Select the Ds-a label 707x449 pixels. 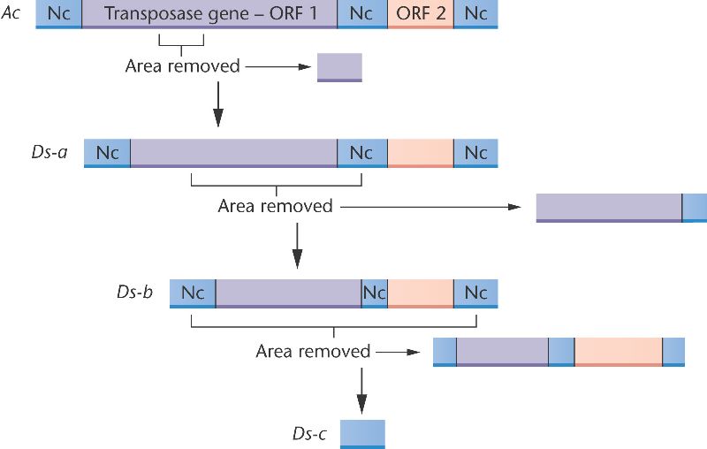[49, 152]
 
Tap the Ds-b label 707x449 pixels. [133, 292]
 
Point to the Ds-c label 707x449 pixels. [310, 433]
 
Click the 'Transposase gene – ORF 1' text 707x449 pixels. [209, 13]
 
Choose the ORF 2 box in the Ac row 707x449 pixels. [421, 13]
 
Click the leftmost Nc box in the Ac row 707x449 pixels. [58, 13]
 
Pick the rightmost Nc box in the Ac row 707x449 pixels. [475, 13]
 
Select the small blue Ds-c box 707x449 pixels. [362, 433]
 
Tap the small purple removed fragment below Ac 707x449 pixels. [339, 66]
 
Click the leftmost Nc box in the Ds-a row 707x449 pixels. [107, 152]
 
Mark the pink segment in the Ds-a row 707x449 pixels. [421, 152]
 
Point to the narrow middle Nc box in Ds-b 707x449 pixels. [375, 293]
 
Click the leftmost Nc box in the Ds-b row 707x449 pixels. [193, 293]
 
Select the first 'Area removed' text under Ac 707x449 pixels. [183, 66]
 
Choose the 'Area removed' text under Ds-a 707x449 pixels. [275, 207]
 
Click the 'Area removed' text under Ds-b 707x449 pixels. [313, 352]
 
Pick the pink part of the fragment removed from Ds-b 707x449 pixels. [619, 351]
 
